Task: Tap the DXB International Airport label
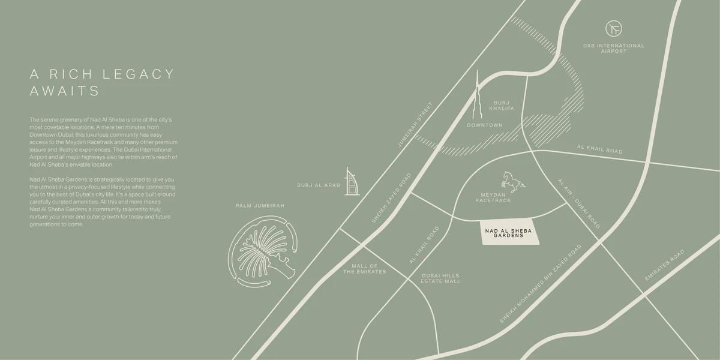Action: [614, 49]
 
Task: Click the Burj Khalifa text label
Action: [502, 106]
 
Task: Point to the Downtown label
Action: [485, 125]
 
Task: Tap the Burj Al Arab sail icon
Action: [350, 181]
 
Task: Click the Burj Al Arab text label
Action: [319, 185]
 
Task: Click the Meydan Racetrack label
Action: [493, 198]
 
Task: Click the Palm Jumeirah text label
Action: [260, 206]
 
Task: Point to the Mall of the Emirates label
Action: [364, 269]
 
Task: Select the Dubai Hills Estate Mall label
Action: [440, 278]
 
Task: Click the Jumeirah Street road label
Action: [415, 125]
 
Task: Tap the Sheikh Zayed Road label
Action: [391, 199]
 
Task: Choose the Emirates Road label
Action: [664, 266]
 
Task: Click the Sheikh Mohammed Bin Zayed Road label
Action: [541, 284]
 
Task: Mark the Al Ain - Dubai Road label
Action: [578, 203]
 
